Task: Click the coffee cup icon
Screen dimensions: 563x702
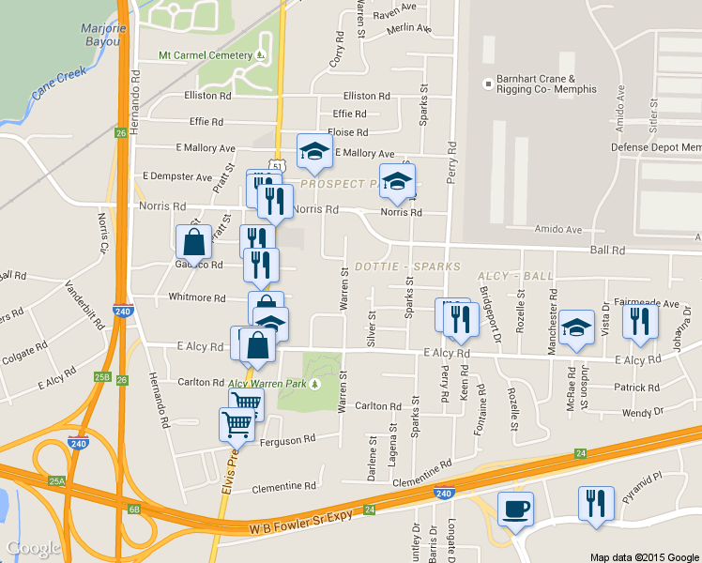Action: (x=515, y=510)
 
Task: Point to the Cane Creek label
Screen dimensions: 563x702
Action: (x=58, y=83)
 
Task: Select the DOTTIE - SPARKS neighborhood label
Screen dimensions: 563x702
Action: (x=406, y=266)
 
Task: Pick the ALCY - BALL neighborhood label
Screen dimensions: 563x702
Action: (x=515, y=276)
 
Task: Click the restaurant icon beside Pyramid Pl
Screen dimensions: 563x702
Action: (x=595, y=504)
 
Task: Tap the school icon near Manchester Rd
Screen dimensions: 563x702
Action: (x=577, y=327)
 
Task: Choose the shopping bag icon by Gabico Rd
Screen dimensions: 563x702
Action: (x=193, y=241)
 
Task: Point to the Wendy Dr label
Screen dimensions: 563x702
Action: (x=642, y=412)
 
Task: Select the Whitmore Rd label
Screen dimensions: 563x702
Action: (x=196, y=298)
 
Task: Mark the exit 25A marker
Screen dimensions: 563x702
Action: (x=57, y=480)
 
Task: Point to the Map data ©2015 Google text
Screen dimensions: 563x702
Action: (x=645, y=556)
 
